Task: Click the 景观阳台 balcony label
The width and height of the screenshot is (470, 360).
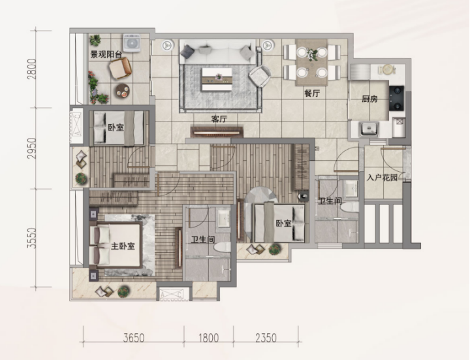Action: (x=106, y=55)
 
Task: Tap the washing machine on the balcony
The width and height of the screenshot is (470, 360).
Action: (x=132, y=43)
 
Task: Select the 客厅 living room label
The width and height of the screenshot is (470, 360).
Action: (x=219, y=119)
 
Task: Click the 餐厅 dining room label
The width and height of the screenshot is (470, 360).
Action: (x=312, y=93)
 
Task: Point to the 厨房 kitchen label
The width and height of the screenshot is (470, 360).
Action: (x=369, y=99)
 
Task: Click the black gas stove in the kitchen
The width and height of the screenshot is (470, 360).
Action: (x=396, y=98)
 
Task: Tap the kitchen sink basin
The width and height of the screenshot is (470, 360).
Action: (x=369, y=129)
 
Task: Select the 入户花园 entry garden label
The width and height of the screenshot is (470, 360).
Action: (x=382, y=178)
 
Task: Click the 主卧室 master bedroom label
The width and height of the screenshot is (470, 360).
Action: (x=123, y=246)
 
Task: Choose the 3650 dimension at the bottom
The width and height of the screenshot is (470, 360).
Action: (x=134, y=338)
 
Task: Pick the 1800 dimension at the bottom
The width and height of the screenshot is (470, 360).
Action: (x=209, y=338)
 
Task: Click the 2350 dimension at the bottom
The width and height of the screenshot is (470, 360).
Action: (x=266, y=338)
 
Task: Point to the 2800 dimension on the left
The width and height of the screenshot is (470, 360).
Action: (x=31, y=69)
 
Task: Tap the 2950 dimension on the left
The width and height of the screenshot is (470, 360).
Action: (x=31, y=148)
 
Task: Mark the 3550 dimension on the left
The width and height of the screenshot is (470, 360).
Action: (x=31, y=238)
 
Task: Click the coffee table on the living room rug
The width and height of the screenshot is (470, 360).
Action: (x=217, y=79)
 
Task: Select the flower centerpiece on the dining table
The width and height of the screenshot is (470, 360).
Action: (x=312, y=54)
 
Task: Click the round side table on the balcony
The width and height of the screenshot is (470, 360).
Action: (x=123, y=90)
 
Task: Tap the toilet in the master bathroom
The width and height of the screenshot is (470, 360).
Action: (x=222, y=248)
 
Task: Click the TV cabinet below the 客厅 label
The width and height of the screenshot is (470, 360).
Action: (x=217, y=132)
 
